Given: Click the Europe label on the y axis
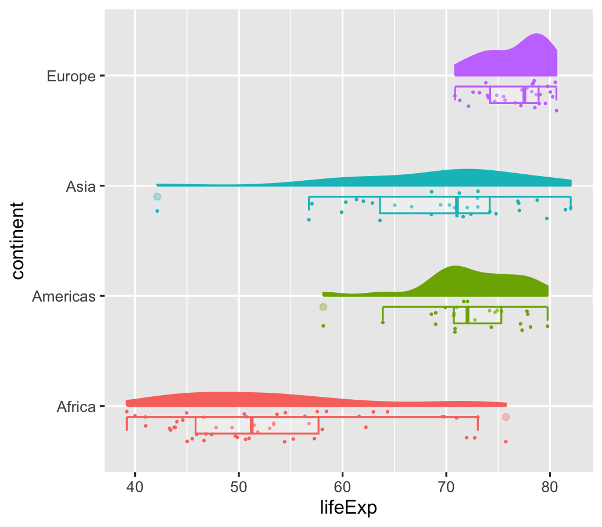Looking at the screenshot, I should (71, 76).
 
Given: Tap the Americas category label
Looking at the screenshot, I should (63, 296).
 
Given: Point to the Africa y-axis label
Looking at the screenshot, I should (76, 407).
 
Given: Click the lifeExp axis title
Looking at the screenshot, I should (349, 508).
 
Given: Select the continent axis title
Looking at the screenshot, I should (18, 241).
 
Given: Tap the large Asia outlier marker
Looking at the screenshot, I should (157, 197).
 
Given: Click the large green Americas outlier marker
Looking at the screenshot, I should (323, 307).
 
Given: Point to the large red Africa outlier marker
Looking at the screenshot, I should (506, 417).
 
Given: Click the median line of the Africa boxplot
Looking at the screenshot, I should (251, 425).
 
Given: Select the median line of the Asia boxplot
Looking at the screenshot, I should (457, 205).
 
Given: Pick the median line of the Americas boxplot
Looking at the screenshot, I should (467, 315).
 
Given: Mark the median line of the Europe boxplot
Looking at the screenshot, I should (524, 95).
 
